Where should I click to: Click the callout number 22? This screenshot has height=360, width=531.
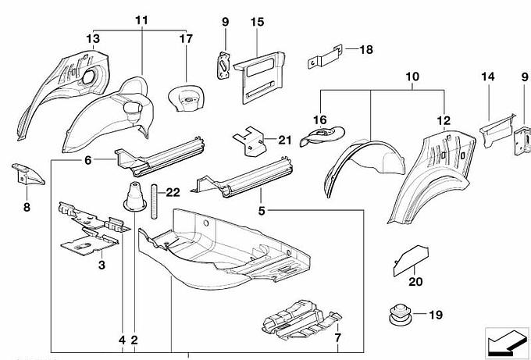tap(173, 192)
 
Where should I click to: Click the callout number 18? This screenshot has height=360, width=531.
tap(365, 49)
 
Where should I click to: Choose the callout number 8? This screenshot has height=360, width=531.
tap(26, 209)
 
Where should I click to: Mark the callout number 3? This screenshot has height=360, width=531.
tap(102, 266)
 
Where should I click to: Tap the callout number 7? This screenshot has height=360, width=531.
tap(337, 338)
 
